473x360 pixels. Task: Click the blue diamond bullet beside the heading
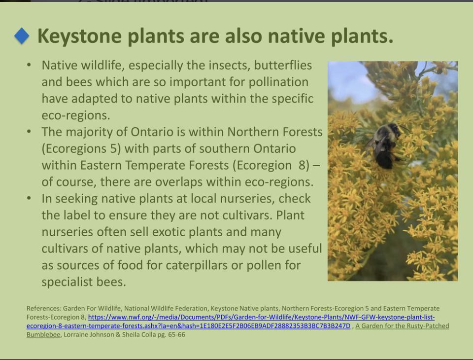click(x=22, y=36)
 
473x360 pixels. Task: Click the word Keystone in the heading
click(x=80, y=36)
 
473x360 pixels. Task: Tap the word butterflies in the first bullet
click(x=283, y=65)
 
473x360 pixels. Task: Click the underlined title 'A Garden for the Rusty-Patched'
click(x=402, y=326)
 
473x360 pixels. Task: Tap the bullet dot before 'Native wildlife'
click(x=29, y=65)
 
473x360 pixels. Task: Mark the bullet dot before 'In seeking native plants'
click(x=29, y=198)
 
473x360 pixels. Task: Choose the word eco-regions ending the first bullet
click(x=76, y=116)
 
